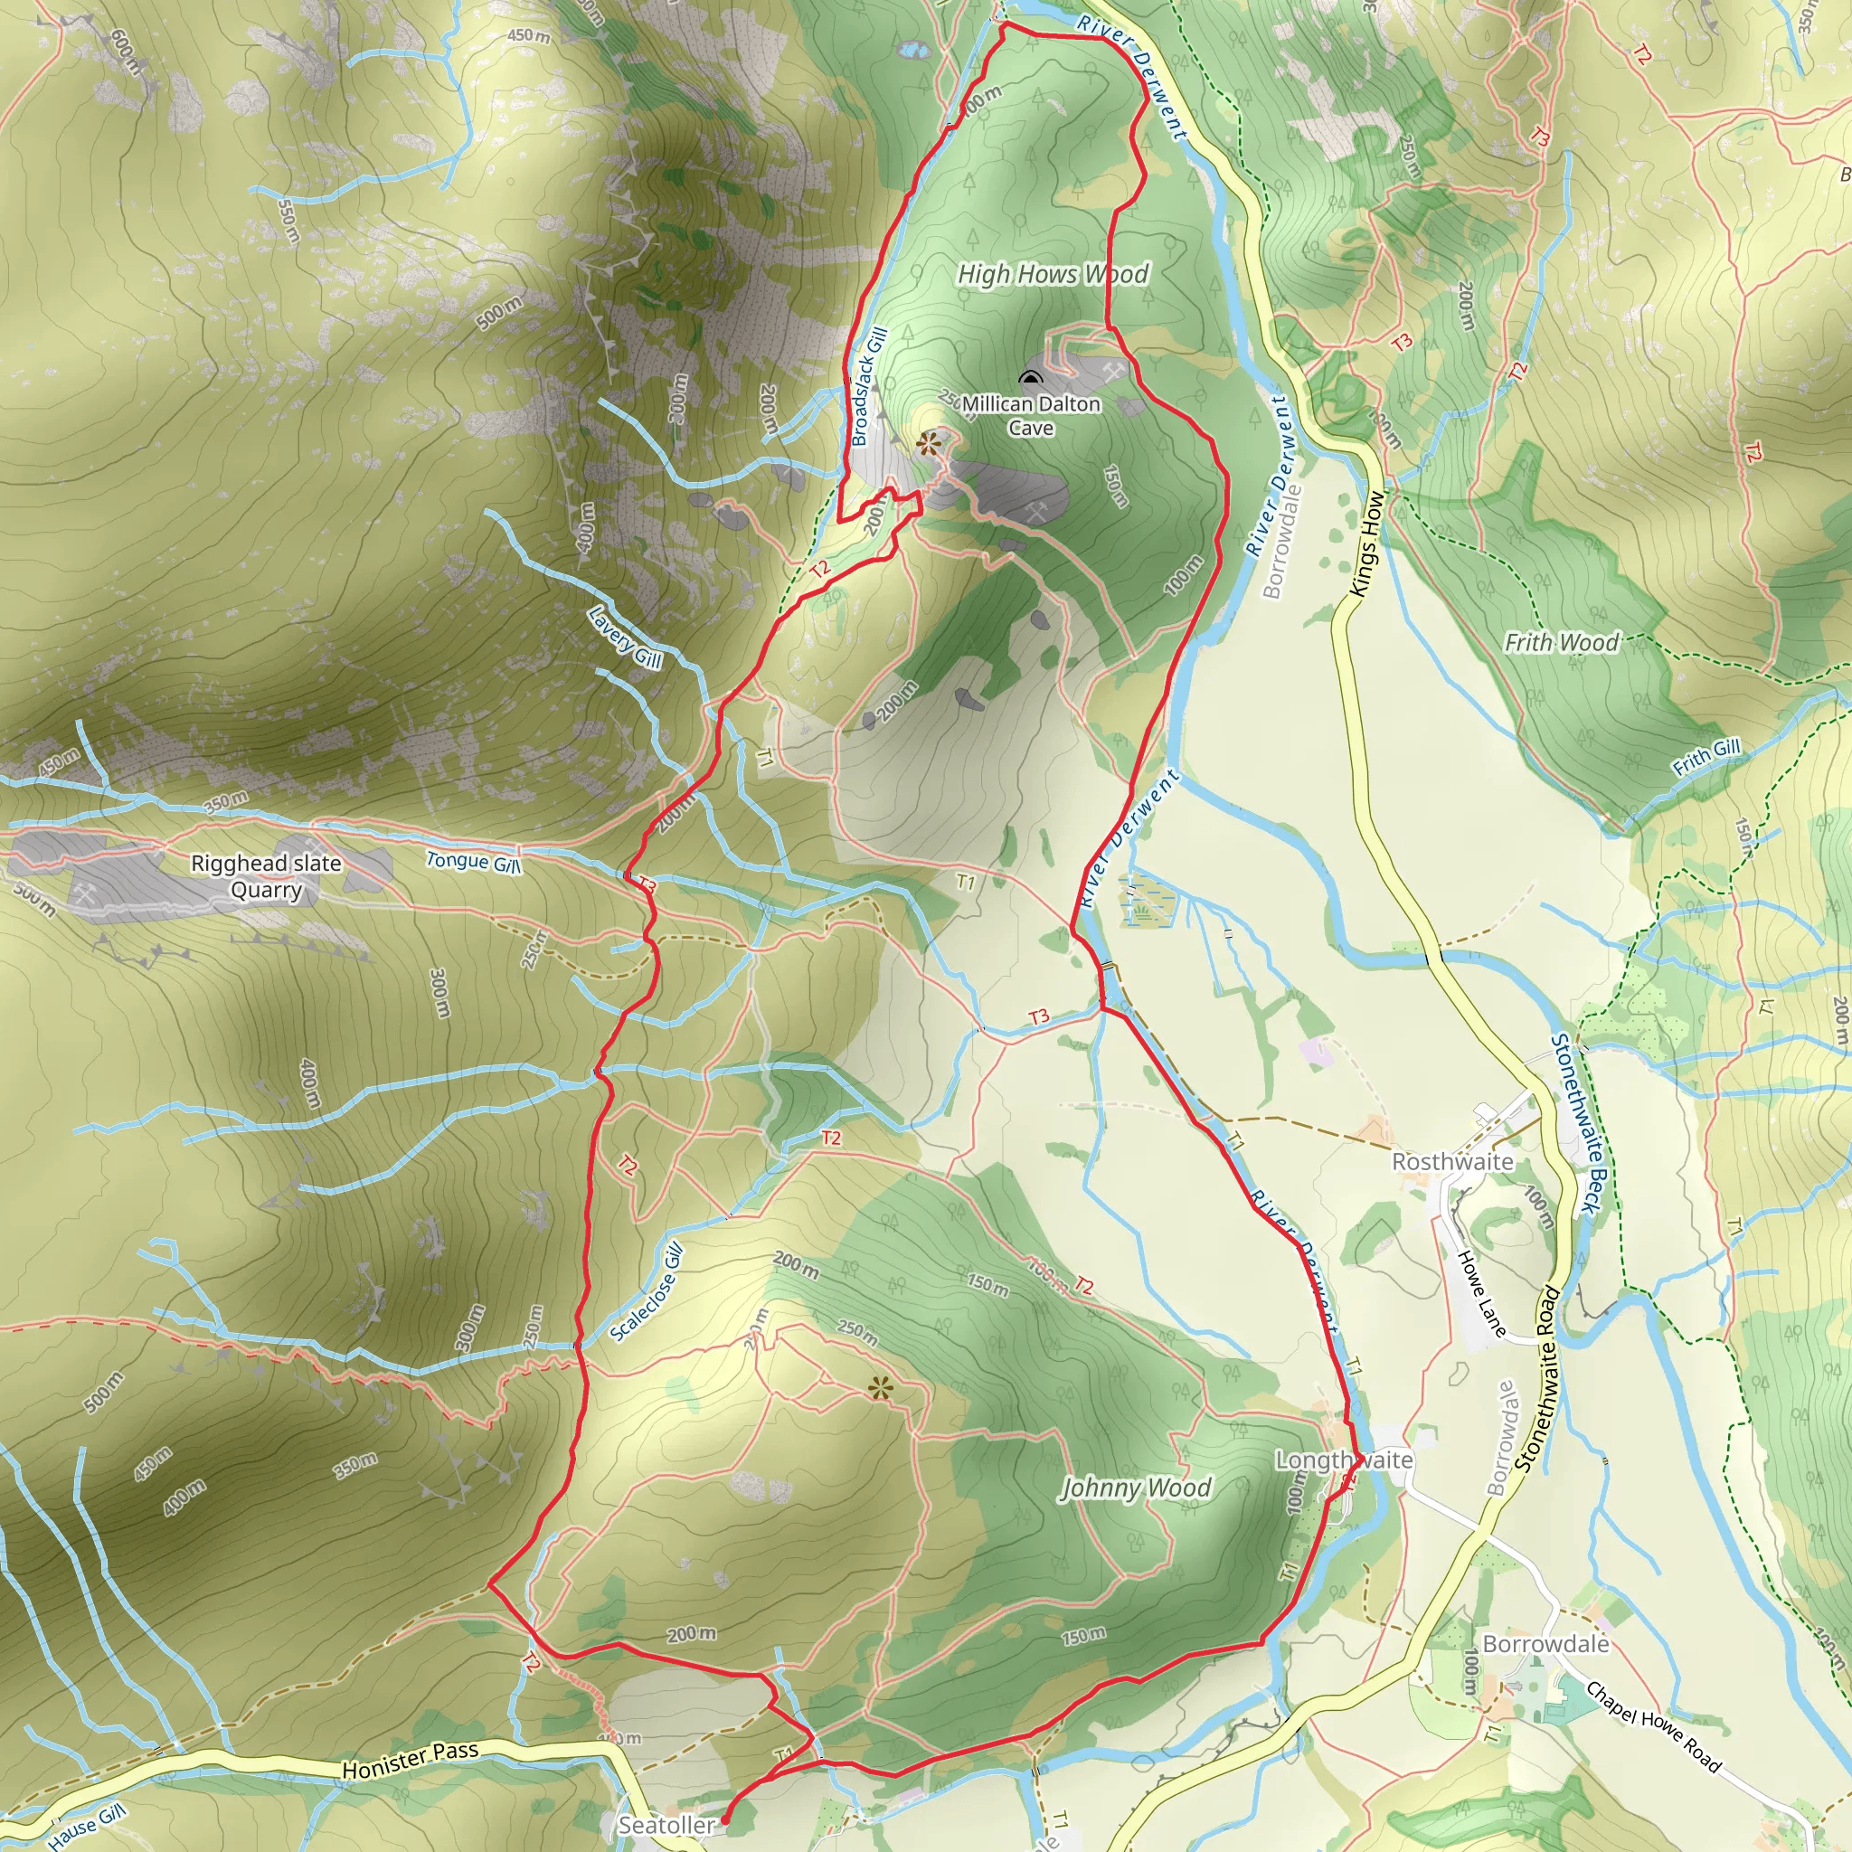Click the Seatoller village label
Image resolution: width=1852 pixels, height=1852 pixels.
coord(666,1825)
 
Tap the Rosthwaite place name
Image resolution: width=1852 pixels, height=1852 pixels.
coord(1452,1162)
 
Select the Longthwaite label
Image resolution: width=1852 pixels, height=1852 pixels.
coord(1343,1460)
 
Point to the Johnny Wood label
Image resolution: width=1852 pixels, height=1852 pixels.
coord(1136,1488)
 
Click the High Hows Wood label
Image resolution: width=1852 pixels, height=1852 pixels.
coord(1053,274)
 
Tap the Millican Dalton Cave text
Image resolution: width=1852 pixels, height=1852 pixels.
coord(1032,416)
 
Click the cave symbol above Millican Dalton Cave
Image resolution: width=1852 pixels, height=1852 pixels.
coord(1031,377)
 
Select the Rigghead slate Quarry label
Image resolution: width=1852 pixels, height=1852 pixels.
coord(267,876)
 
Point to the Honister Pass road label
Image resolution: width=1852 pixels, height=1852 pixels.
coord(411,1760)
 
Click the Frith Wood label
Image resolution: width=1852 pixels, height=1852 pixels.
coord(1562,642)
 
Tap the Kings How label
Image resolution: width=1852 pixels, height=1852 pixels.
coord(1368,543)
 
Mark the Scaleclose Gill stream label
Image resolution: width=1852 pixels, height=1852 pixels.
coord(647,1292)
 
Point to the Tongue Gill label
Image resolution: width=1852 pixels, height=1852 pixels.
coord(474,862)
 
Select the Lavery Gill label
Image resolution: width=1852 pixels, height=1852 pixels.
coord(625,638)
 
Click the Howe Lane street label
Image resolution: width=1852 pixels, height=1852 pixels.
coord(1482,1292)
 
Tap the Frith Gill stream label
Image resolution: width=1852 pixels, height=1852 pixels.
coord(1706,756)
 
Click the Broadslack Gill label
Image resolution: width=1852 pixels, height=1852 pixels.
coord(869,386)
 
